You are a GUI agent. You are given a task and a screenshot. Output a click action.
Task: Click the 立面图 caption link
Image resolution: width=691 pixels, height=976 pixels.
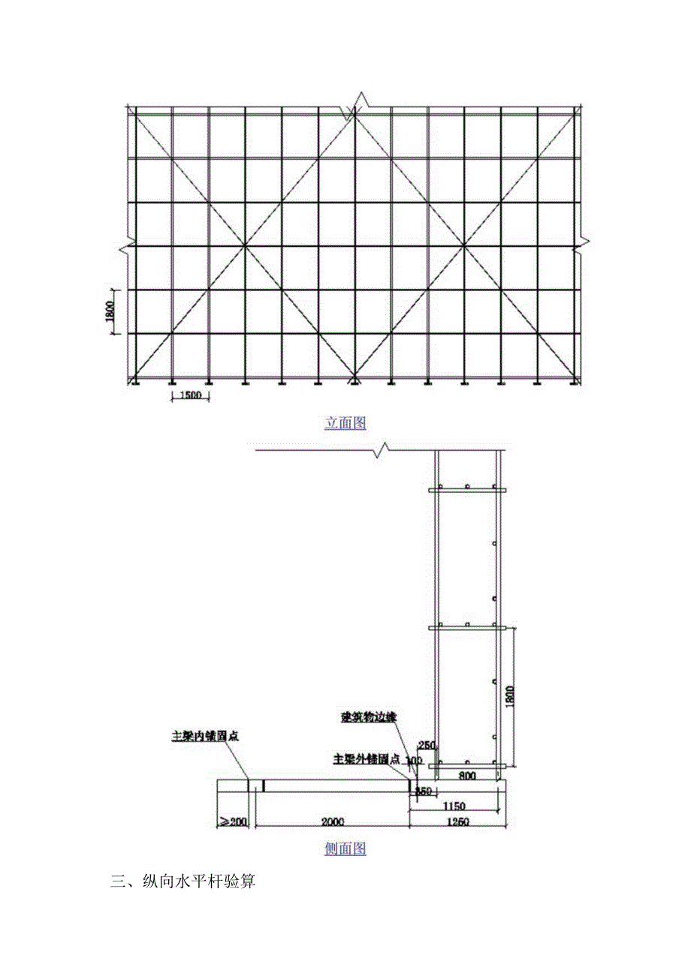(x=345, y=424)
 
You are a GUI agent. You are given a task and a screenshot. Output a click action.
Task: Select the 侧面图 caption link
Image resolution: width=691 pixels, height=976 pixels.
(x=345, y=849)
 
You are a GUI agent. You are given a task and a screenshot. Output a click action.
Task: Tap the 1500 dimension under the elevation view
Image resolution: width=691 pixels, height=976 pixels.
(x=190, y=398)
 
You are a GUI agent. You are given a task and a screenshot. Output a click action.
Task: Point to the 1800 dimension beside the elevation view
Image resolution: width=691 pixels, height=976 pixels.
(x=110, y=311)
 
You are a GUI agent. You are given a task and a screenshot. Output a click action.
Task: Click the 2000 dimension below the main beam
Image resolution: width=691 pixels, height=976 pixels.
(x=332, y=822)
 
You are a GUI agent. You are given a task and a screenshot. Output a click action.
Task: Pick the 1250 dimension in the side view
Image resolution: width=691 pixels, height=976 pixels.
(x=457, y=822)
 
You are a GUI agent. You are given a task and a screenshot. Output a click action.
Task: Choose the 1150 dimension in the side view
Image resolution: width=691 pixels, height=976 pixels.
(x=454, y=806)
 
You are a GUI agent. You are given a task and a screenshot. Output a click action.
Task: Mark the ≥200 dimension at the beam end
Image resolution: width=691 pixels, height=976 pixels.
(x=233, y=822)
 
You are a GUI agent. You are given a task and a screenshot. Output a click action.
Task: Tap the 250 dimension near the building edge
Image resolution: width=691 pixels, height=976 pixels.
(x=427, y=745)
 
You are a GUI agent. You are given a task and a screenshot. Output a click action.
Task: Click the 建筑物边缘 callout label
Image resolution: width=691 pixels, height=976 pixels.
(x=369, y=716)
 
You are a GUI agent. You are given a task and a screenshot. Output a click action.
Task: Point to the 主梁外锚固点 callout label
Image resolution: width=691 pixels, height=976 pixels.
(x=366, y=759)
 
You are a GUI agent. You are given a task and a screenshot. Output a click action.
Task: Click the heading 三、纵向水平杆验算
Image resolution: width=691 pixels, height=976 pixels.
(x=183, y=882)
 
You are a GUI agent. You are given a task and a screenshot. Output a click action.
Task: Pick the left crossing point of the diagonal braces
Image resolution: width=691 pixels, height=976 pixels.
(x=245, y=246)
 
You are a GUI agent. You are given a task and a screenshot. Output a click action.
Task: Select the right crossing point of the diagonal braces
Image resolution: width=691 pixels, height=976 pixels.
(x=465, y=246)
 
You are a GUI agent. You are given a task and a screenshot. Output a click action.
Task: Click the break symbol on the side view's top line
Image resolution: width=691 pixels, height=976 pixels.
(x=382, y=450)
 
